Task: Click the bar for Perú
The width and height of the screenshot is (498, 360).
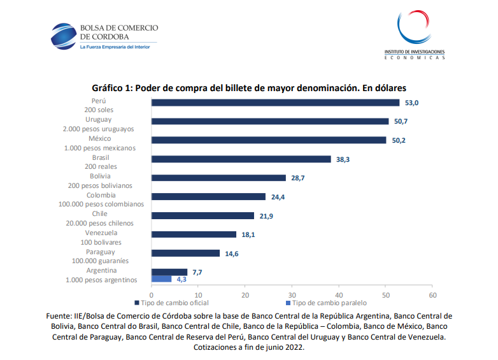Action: pos(275,103)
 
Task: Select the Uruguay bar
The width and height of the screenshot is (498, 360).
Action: pos(270,121)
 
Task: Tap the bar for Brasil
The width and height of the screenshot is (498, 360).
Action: pos(241,159)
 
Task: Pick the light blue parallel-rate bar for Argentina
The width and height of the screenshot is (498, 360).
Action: pos(161,279)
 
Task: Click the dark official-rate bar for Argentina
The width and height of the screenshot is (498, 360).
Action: pos(169,272)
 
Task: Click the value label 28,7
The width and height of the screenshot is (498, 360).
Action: pos(298,178)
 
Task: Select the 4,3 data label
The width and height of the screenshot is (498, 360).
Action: pos(181,280)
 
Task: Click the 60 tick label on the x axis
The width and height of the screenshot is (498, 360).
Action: pos(432,295)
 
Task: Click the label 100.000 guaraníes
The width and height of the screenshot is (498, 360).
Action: pos(101,261)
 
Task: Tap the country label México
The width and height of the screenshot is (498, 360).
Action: pos(100,138)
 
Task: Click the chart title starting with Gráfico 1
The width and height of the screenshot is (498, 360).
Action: pos(249,87)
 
